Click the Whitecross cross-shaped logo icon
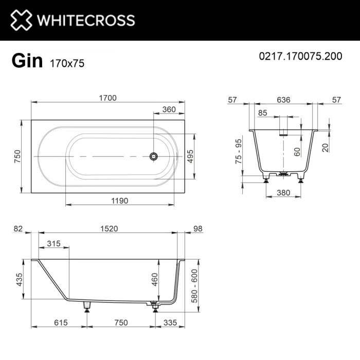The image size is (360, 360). pyautogui.click(x=20, y=20)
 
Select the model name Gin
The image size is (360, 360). pyautogui.click(x=27, y=61)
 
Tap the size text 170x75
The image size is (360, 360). pyautogui.click(x=67, y=63)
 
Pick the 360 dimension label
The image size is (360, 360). pyautogui.click(x=169, y=109)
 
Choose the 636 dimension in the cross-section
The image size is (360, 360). pyautogui.click(x=282, y=100)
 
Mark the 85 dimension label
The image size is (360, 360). pyautogui.click(x=263, y=113)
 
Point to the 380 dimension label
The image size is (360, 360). pyautogui.click(x=283, y=193)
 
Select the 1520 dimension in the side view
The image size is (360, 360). pyautogui.click(x=108, y=228)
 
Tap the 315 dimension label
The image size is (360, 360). pyautogui.click(x=54, y=243)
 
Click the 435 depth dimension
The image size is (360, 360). pyautogui.click(x=19, y=280)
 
